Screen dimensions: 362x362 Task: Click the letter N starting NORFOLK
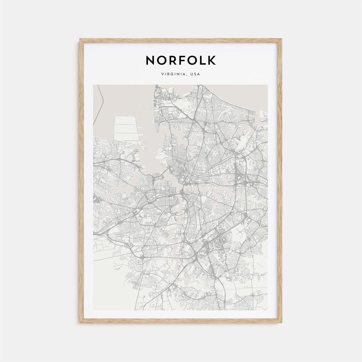[x=150, y=60]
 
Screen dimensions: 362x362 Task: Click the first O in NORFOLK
[x=160, y=60]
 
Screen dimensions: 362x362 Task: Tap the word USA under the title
[x=195, y=74]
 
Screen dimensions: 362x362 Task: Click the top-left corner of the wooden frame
[x=80, y=40]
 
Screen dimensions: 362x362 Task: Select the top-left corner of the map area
[x=94, y=85]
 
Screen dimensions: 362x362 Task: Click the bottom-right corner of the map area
[x=267, y=310]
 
